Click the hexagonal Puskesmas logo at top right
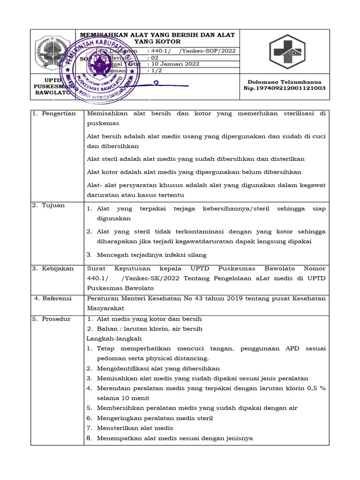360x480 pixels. (x=286, y=52)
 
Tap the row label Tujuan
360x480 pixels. (x=54, y=205)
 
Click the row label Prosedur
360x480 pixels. (x=56, y=319)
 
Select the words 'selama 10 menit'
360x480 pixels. (x=123, y=398)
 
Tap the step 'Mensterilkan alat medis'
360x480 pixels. (x=135, y=428)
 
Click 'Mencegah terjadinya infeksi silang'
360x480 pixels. (x=151, y=255)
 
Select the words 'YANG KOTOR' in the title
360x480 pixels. (x=157, y=42)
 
